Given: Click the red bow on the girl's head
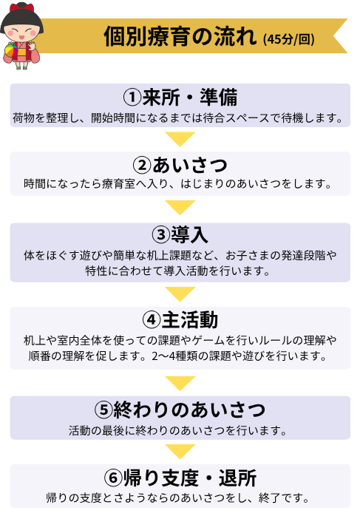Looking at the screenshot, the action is (x=21, y=7).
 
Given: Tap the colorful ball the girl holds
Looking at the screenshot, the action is (x=11, y=52).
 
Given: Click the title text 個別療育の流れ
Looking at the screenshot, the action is (x=180, y=36).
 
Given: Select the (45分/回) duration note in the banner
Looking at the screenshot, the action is (x=288, y=39).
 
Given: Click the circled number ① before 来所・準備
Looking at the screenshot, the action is (x=132, y=98).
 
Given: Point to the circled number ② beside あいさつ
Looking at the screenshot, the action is (x=142, y=165).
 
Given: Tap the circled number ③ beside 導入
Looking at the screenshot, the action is (x=161, y=235).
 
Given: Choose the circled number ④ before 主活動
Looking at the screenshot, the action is (x=152, y=320).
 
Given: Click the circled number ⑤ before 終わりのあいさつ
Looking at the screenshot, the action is (x=103, y=410).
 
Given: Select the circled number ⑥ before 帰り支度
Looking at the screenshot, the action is (x=114, y=478).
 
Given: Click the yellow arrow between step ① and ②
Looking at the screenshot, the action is (x=180, y=139).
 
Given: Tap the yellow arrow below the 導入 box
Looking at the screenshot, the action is (x=180, y=294).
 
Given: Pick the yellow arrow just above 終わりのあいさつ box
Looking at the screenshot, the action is (x=180, y=384).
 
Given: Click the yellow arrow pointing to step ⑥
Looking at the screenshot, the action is (x=180, y=452).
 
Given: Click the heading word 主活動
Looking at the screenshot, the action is (x=190, y=320).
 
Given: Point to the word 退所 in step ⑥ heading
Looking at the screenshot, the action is (x=237, y=478).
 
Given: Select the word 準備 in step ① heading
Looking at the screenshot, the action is (x=219, y=98).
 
